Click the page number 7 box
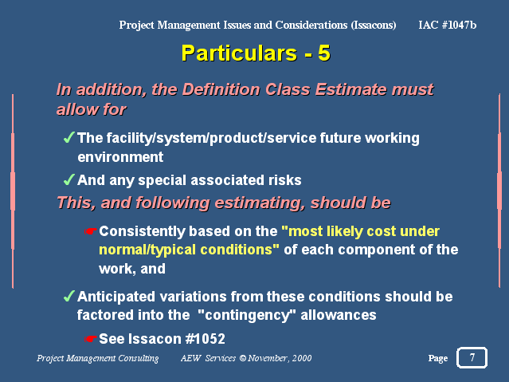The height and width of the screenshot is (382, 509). tap(472, 357)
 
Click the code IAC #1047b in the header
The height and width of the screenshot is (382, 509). tap(448, 25)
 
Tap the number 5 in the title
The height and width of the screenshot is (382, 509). tap(324, 53)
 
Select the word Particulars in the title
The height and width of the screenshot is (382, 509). tap(239, 53)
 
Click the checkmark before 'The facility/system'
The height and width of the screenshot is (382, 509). tap(69, 137)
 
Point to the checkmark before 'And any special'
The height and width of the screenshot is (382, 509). tap(69, 179)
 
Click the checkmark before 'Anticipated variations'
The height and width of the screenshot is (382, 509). tap(69, 296)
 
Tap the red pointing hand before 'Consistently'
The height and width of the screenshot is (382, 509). tap(90, 231)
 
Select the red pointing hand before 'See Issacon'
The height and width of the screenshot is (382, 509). tap(90, 339)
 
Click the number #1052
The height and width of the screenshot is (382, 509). tap(205, 339)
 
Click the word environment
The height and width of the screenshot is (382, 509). tap(120, 157)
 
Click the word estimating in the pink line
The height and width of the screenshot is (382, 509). tap(260, 203)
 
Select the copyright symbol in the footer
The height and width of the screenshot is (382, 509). tap(243, 358)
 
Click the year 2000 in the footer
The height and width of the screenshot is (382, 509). tap(302, 358)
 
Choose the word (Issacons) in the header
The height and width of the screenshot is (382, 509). tap(374, 25)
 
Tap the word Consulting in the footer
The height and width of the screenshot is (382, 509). tap(139, 358)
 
